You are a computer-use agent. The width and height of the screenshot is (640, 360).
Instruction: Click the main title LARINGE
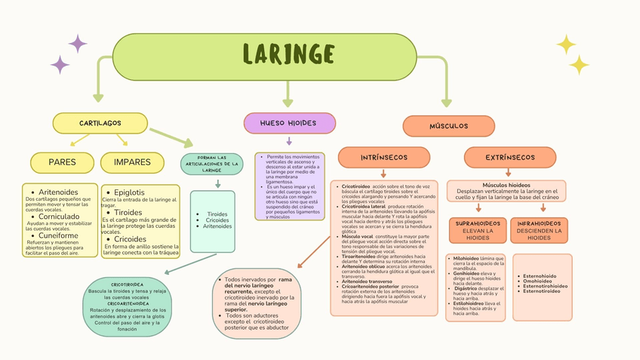pos(288,54)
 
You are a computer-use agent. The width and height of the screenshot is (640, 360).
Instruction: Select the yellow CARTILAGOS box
pos(100,123)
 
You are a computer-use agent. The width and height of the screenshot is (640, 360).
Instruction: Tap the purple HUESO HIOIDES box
pos(289,123)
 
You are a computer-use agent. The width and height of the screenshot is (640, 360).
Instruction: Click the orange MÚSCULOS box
pos(448,126)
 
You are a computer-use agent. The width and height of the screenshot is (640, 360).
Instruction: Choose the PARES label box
pos(62,162)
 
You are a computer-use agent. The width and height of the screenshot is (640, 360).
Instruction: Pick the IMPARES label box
pos(132,162)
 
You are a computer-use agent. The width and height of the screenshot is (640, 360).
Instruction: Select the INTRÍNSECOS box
pos(384,157)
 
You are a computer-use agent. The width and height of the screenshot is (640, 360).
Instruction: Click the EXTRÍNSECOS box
pos(509,157)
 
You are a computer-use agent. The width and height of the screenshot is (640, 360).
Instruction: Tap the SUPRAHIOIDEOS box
pos(478,230)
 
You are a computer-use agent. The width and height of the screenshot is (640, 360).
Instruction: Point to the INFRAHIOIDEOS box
pos(539,230)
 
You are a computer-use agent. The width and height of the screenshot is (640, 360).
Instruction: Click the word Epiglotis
pos(130,192)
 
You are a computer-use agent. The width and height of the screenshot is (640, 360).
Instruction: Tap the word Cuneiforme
pos(58,235)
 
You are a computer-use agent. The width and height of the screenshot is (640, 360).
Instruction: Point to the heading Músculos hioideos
pos(506,185)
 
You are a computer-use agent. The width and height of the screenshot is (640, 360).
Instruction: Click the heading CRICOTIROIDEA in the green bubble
pos(128,285)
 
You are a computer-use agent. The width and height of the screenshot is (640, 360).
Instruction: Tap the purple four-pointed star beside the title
pos(78,43)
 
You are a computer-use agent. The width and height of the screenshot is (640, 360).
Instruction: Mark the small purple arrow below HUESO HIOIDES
pos(289,141)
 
